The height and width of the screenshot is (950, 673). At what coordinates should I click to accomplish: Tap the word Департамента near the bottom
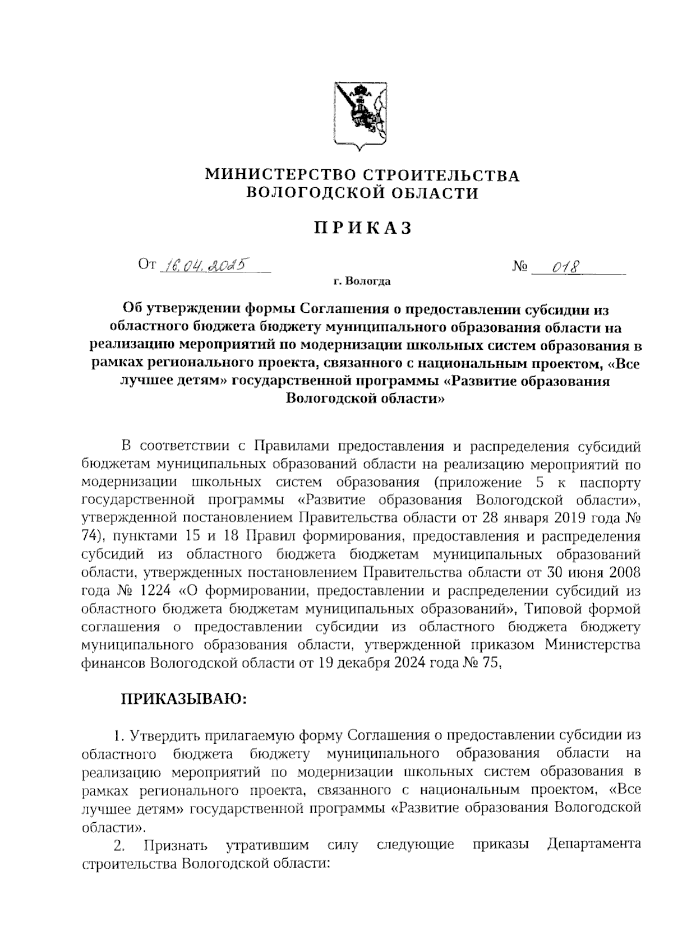pos(594,844)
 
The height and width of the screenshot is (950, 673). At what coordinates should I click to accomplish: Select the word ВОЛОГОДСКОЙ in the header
pos(311,194)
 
